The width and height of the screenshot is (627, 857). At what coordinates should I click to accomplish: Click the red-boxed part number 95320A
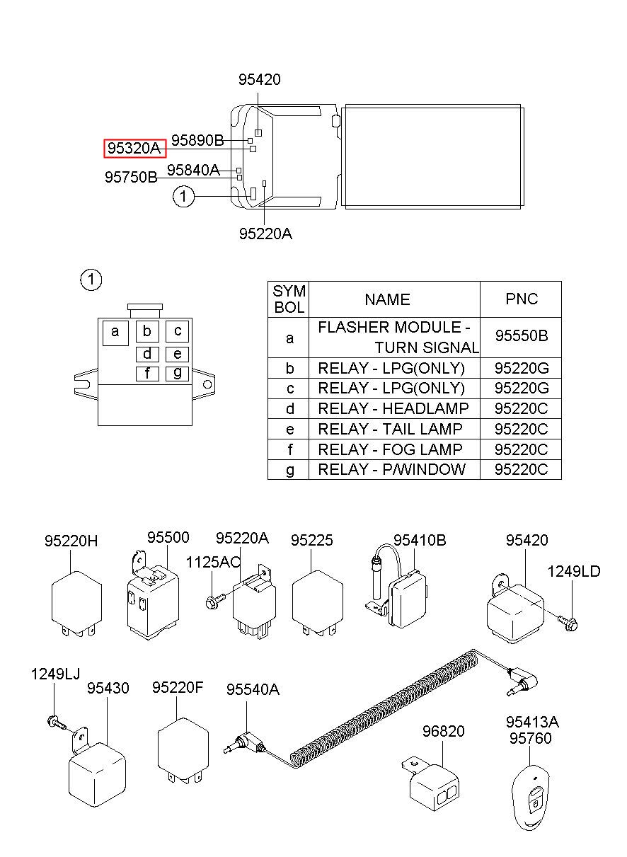(134, 148)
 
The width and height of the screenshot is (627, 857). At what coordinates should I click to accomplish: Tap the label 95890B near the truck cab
(197, 140)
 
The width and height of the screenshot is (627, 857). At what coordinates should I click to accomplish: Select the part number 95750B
(131, 177)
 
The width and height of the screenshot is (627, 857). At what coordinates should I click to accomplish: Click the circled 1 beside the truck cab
(183, 196)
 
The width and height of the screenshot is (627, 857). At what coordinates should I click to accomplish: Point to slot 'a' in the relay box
(115, 333)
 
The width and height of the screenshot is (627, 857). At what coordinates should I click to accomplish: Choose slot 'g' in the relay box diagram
(177, 374)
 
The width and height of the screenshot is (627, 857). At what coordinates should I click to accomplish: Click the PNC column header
(522, 299)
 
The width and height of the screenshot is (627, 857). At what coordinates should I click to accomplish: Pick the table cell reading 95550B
(522, 335)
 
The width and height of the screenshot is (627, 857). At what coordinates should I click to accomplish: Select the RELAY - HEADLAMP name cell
(393, 408)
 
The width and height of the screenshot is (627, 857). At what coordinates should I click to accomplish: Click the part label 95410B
(420, 540)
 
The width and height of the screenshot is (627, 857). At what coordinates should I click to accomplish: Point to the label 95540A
(253, 689)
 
